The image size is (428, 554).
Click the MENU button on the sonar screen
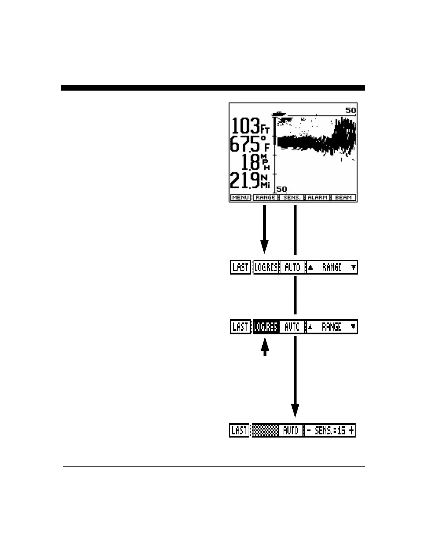click(x=241, y=198)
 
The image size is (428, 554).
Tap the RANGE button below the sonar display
click(x=265, y=198)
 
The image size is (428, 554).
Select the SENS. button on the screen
click(x=292, y=198)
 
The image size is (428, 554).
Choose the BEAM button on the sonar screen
click(x=343, y=198)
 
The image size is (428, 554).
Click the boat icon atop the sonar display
click(x=279, y=114)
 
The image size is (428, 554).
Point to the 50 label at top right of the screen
click(x=350, y=111)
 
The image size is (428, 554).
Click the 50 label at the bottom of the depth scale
click(x=282, y=189)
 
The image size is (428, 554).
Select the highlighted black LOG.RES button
click(x=266, y=327)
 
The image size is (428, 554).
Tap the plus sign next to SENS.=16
click(x=351, y=431)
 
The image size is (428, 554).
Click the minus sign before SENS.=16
click(x=308, y=431)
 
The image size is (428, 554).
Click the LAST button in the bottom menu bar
click(x=240, y=431)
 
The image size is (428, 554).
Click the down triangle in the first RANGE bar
click(x=354, y=267)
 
